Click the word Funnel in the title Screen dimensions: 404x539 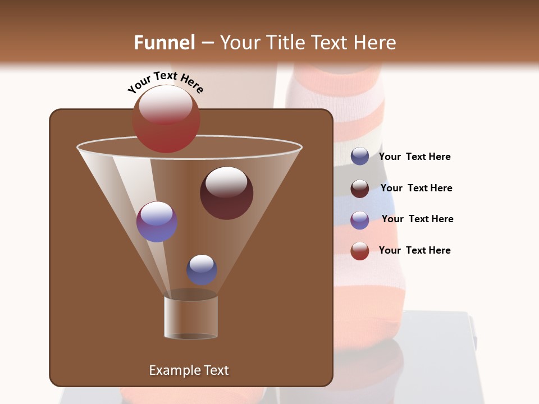pos(165,43)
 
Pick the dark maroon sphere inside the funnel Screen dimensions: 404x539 pos(226,194)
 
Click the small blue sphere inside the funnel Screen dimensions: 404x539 pos(202,270)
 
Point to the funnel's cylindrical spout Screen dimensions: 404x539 pos(191,317)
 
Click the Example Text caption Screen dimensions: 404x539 pos(189,370)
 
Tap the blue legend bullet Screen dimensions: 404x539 pos(360,157)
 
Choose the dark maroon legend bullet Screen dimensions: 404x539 pos(360,189)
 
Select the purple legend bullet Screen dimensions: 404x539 pos(360,220)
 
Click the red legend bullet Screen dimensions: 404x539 pos(360,251)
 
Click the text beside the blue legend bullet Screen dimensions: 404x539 pos(414,157)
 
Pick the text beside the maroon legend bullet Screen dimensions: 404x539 pos(416,189)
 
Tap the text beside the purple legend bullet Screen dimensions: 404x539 pos(417,219)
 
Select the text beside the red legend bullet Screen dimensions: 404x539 pos(414,250)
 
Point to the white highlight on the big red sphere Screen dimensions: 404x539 pos(166,105)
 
